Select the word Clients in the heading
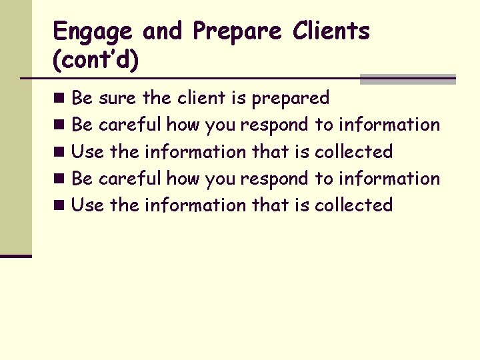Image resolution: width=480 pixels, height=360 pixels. tap(331, 31)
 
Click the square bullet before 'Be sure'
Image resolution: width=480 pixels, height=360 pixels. tap(60, 99)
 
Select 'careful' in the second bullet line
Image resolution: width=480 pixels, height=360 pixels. tap(130, 125)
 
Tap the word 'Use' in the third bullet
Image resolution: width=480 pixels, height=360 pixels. tap(87, 151)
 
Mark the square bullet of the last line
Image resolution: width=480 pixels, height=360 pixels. tap(60, 205)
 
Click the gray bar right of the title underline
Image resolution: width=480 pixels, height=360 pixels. tap(407, 79)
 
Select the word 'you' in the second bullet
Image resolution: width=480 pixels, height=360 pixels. tap(221, 125)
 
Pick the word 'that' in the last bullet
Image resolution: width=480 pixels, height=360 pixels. tap(270, 205)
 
